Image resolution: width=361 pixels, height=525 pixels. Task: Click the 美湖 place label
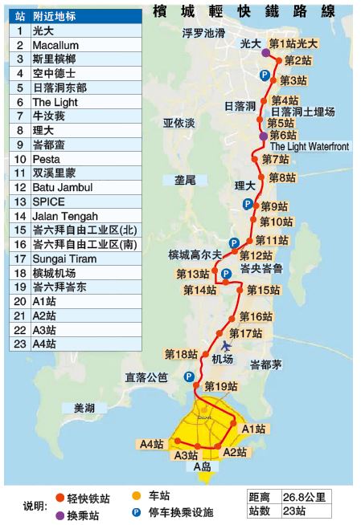(84, 407)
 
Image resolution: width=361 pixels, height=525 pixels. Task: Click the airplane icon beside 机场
(226, 345)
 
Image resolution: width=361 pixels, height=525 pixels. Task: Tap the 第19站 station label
(221, 386)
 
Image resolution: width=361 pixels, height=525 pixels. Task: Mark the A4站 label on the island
(151, 443)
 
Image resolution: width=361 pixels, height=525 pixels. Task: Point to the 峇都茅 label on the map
(265, 364)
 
